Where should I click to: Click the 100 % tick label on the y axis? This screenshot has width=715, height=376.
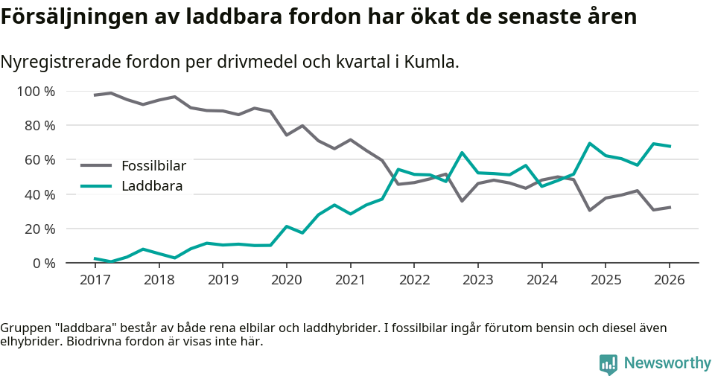pyautogui.click(x=36, y=92)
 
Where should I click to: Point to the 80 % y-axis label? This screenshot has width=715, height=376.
pyautogui.click(x=39, y=126)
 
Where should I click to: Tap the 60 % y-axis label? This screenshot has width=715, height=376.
pyautogui.click(x=39, y=160)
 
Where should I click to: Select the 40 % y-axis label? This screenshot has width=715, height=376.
pyautogui.click(x=39, y=194)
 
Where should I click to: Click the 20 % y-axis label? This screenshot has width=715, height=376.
pyautogui.click(x=39, y=229)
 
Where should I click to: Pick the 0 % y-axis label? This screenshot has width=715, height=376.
pyautogui.click(x=43, y=263)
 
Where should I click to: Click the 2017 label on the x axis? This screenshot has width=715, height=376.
pyautogui.click(x=95, y=280)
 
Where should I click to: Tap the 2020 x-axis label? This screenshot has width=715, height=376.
pyautogui.click(x=286, y=280)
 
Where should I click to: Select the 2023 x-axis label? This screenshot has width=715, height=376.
pyautogui.click(x=477, y=280)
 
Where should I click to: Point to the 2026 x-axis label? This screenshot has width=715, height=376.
pyautogui.click(x=669, y=280)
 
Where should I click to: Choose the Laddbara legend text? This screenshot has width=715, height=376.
pyautogui.click(x=152, y=186)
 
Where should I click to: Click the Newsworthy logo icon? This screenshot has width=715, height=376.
pyautogui.click(x=608, y=363)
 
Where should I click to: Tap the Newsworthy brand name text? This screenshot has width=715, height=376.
pyautogui.click(x=667, y=363)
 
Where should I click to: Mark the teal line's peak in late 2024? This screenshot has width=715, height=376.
pyautogui.click(x=589, y=144)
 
